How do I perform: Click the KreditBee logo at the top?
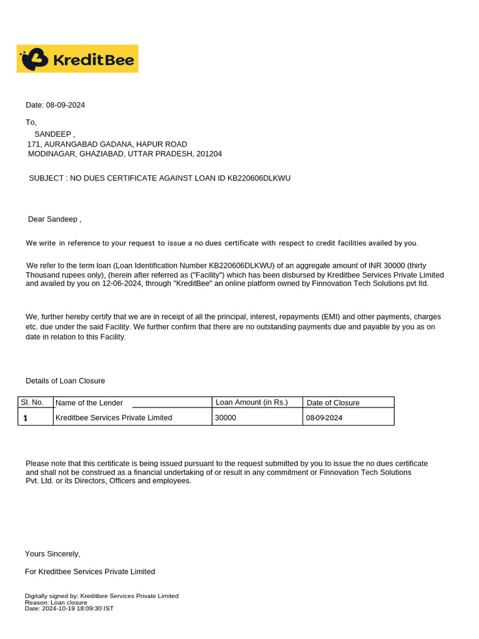[x=77, y=59]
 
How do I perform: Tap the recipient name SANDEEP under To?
[x=53, y=134]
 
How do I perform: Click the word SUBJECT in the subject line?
[x=47, y=178]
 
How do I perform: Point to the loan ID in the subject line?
[x=259, y=178]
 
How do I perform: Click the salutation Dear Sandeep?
[x=54, y=219]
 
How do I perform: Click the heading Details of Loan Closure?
[x=65, y=381]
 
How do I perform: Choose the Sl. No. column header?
[x=32, y=402]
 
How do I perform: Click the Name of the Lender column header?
[x=89, y=403]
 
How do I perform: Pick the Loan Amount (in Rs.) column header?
[x=251, y=402]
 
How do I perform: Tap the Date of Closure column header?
[x=333, y=403]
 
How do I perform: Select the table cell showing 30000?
[x=225, y=417]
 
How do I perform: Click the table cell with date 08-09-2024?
[x=324, y=417]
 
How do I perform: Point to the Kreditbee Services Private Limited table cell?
[x=114, y=417]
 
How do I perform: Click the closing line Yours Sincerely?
[x=52, y=554]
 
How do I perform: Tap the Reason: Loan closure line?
[x=56, y=603]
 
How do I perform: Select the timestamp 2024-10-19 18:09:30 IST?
[x=77, y=608]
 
